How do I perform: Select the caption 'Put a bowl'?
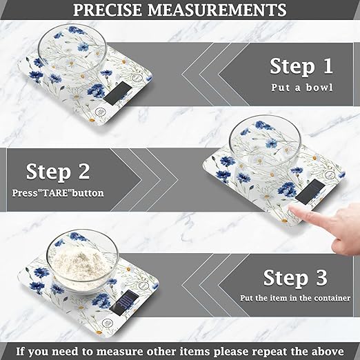[301, 88]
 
